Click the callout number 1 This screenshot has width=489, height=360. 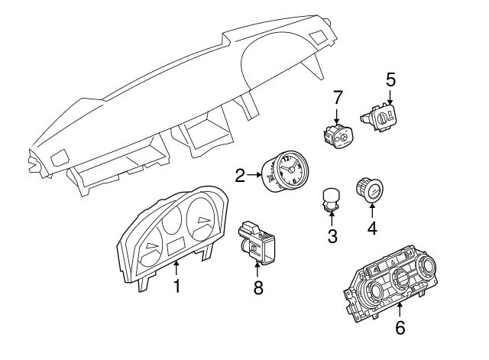(176, 287)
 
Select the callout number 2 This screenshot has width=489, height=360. (241, 177)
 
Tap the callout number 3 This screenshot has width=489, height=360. (332, 236)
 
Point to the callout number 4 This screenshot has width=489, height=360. (372, 227)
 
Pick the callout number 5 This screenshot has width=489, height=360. (390, 79)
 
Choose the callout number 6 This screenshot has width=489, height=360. (400, 328)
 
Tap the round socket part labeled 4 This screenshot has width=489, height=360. (370, 190)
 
